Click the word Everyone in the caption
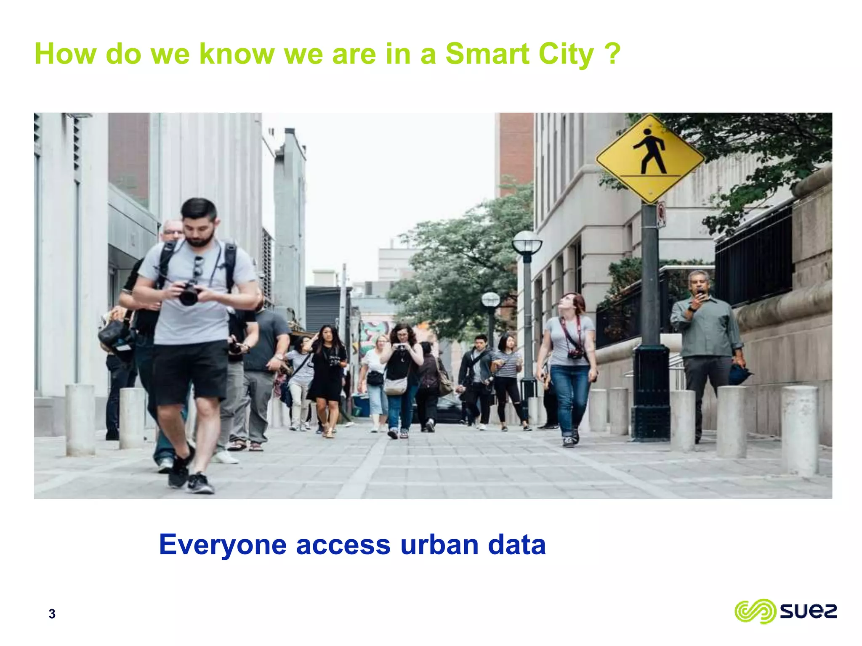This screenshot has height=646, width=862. coord(223,545)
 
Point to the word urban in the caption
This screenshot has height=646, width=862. coord(439,545)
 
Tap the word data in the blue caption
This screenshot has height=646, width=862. coord(516,545)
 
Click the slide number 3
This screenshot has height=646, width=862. coord(52,614)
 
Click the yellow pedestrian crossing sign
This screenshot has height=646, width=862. coord(650,159)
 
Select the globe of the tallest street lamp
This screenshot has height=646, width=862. coord(527,243)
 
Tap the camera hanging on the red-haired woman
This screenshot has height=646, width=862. coord(575,354)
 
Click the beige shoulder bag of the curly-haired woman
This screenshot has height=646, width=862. coord(395,386)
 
